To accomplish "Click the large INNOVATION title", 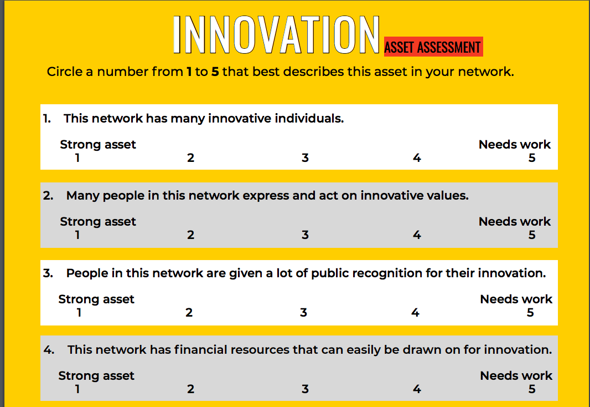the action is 276,35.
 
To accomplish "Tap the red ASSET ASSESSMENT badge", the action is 433,47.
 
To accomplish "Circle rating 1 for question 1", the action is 77,157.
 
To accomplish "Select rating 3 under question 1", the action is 305,157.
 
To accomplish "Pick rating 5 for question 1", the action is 532,157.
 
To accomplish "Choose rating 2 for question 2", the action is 191,235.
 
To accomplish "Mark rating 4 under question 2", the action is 417,235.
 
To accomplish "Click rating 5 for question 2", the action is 532,235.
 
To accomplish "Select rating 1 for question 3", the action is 79,312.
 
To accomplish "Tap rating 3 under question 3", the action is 304,312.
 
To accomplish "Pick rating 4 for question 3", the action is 416,312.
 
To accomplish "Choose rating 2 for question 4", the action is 191,389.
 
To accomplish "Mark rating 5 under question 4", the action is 532,389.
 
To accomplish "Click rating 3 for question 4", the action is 305,389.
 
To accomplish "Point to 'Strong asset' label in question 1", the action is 98,145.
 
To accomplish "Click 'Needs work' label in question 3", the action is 516,299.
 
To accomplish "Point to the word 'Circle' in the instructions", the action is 64,72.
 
